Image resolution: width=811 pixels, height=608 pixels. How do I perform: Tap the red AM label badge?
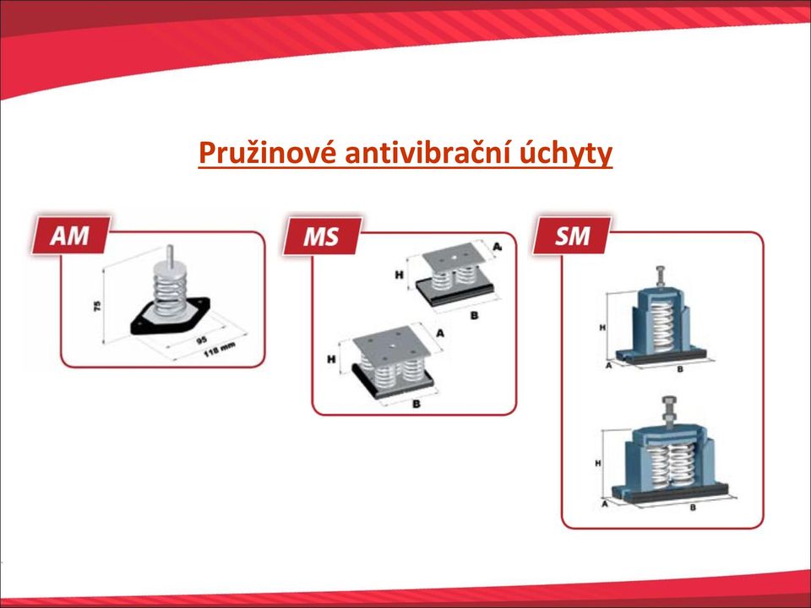(x=70, y=236)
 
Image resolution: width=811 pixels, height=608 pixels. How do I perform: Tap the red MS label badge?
(x=322, y=236)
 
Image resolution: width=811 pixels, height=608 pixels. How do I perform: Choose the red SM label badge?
(x=572, y=236)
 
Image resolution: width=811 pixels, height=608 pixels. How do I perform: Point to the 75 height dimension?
(x=97, y=306)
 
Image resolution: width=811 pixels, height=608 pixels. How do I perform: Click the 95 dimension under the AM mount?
(x=202, y=339)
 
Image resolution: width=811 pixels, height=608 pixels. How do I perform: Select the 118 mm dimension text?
(x=220, y=349)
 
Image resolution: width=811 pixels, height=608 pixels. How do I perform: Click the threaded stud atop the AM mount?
(x=170, y=254)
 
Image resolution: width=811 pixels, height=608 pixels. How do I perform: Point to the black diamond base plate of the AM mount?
(x=170, y=316)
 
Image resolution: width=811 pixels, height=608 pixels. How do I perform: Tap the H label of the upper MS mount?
(x=399, y=275)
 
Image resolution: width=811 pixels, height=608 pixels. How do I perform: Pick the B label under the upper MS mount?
(x=474, y=315)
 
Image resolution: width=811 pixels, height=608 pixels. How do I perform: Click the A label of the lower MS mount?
(x=439, y=333)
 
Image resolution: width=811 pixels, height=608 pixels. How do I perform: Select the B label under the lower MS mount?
(x=416, y=404)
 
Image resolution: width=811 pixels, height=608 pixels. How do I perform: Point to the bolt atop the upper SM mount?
(x=661, y=276)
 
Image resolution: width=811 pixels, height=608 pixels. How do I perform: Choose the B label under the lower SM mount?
(x=693, y=508)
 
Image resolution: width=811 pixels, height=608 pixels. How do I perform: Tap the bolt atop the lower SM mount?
(x=667, y=412)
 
